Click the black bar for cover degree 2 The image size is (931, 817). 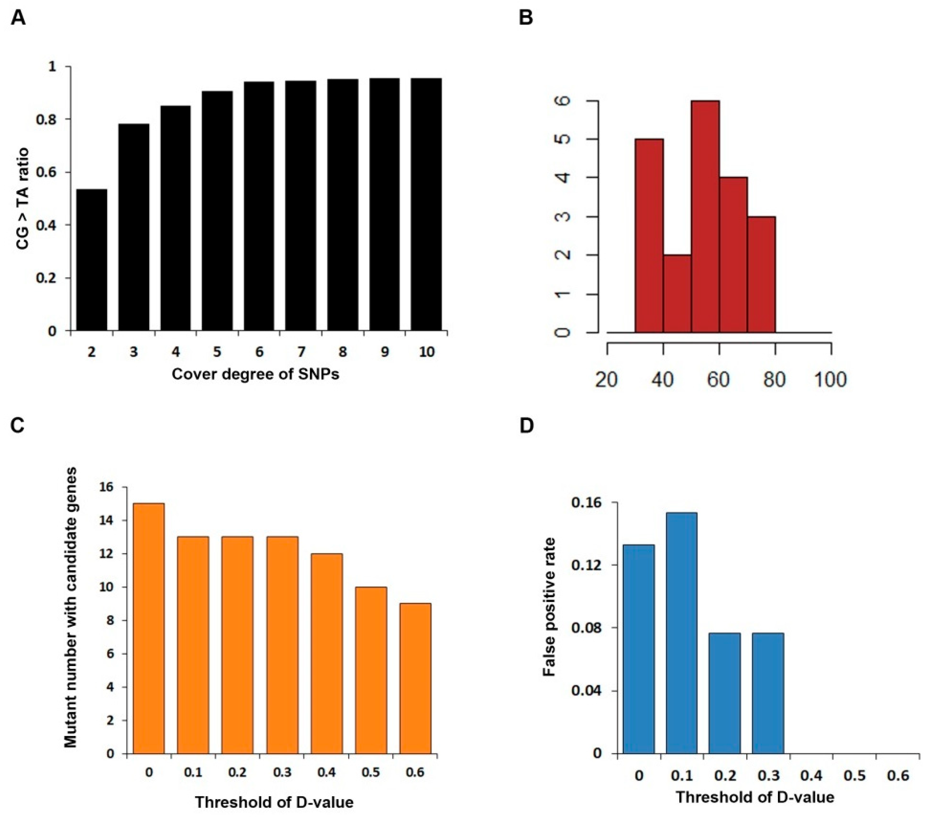click(x=92, y=260)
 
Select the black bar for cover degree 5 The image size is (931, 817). click(x=217, y=211)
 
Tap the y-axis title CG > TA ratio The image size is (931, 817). click(x=23, y=199)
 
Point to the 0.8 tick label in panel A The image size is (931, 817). click(x=47, y=119)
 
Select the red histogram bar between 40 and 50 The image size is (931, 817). click(x=677, y=294)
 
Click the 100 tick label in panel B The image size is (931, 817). click(x=831, y=379)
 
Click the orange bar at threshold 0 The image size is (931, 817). click(x=148, y=629)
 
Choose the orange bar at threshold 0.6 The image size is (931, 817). click(x=415, y=679)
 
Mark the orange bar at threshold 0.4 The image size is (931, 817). click(x=326, y=653)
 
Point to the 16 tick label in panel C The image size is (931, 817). click(x=108, y=487)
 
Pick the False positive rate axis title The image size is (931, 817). click(x=550, y=607)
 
